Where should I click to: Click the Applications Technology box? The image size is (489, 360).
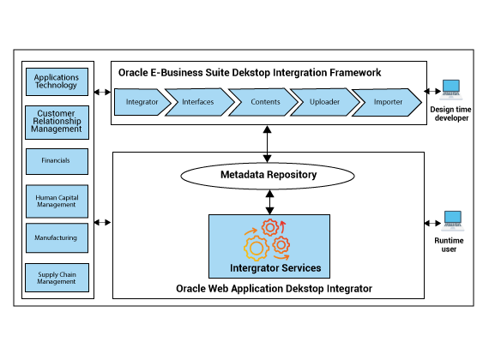(57, 81)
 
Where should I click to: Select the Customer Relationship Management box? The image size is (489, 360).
(57, 123)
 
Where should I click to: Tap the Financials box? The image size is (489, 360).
(57, 161)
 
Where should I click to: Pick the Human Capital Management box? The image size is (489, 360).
(57, 201)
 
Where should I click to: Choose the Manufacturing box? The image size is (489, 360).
(57, 237)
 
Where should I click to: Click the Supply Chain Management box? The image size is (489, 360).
(57, 278)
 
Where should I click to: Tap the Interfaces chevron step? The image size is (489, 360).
(200, 102)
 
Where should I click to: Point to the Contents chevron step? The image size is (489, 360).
(263, 102)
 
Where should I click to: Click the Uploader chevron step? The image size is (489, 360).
(325, 102)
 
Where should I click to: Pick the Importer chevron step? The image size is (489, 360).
(387, 102)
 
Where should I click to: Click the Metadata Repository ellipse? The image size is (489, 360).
(268, 176)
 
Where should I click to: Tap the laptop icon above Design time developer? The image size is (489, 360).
(451, 90)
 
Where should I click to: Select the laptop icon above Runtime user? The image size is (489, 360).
(453, 221)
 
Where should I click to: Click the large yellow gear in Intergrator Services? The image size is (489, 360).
(257, 248)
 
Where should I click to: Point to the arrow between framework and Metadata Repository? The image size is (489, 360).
(268, 144)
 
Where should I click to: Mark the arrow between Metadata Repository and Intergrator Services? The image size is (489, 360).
(269, 202)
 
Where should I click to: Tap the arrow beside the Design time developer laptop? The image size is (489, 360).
(432, 92)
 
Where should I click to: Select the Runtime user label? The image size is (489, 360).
(449, 245)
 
